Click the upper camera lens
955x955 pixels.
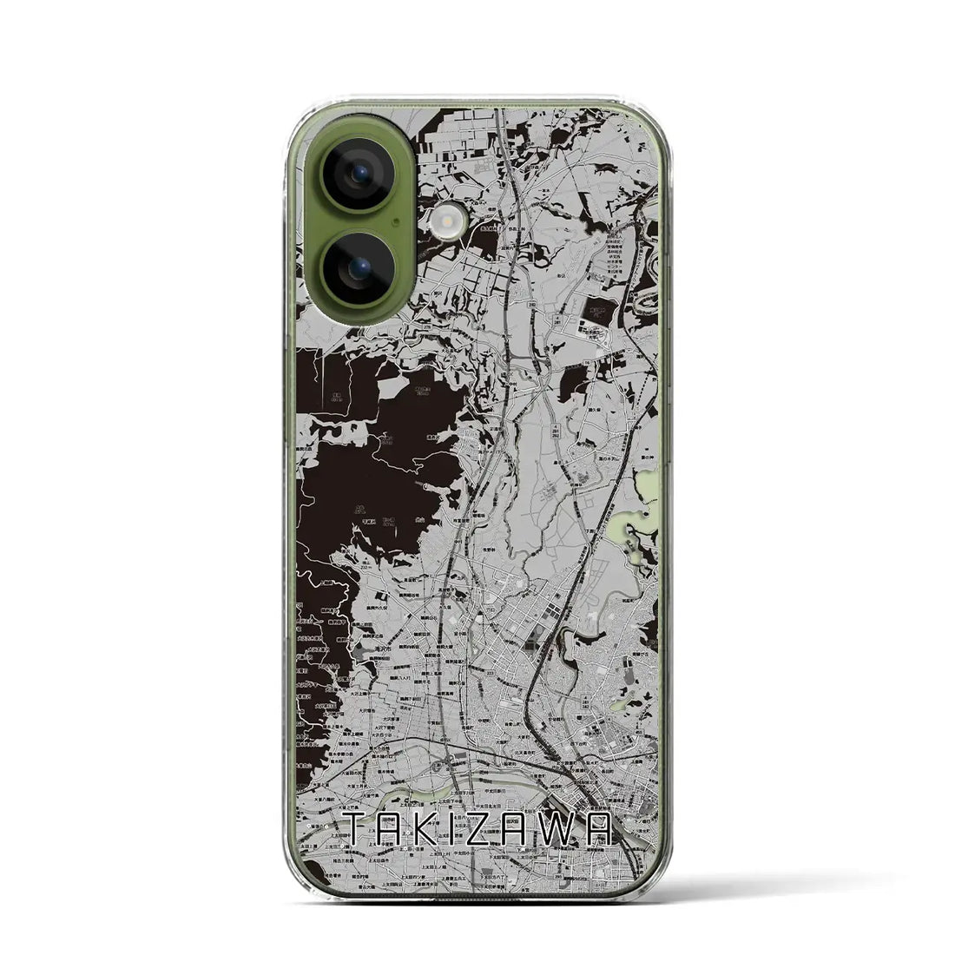coord(358,175)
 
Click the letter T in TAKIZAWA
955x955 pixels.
coord(358,829)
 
